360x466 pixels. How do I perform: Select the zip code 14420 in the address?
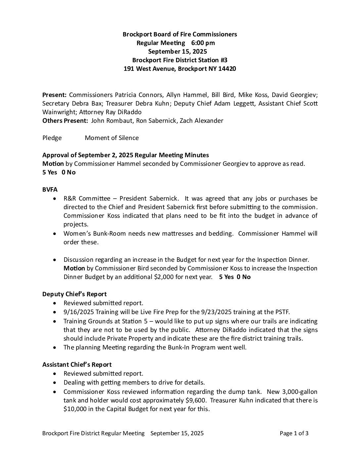click(x=227, y=69)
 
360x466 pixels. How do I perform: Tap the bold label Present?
click(x=55, y=95)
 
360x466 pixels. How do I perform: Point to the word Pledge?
click(x=52, y=138)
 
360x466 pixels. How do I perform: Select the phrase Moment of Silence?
click(x=112, y=138)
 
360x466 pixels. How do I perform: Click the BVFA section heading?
click(x=50, y=190)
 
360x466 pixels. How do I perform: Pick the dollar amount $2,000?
click(x=164, y=277)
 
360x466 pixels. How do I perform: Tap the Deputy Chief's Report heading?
click(x=74, y=294)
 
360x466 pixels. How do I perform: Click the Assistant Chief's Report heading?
click(x=77, y=365)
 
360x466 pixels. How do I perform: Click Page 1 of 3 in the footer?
click(x=294, y=434)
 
